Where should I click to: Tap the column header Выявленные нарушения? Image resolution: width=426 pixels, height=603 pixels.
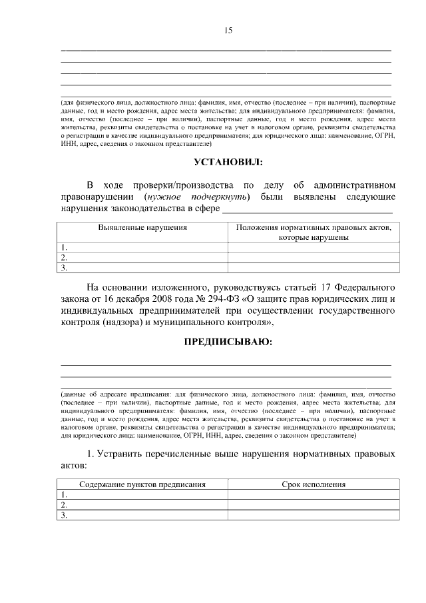142,227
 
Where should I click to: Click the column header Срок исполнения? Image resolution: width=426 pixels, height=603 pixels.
314,484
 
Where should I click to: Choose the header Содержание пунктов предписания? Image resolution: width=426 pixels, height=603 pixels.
142,484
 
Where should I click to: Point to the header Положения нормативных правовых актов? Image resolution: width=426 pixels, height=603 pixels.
314,227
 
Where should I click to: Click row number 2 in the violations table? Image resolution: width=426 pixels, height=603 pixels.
64,257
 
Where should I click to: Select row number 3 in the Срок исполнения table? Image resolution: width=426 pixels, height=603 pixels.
64,515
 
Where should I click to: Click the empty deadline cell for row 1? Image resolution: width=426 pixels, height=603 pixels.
314,495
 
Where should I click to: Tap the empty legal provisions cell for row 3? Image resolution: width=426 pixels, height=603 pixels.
314,268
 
